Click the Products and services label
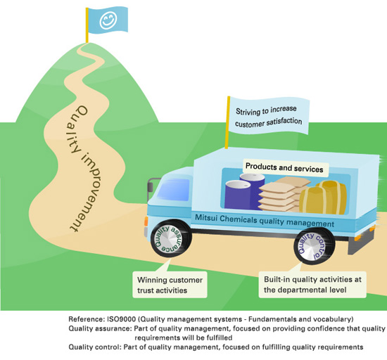click(x=284, y=169)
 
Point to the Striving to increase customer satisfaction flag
click(x=269, y=115)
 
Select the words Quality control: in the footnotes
click(x=92, y=347)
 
